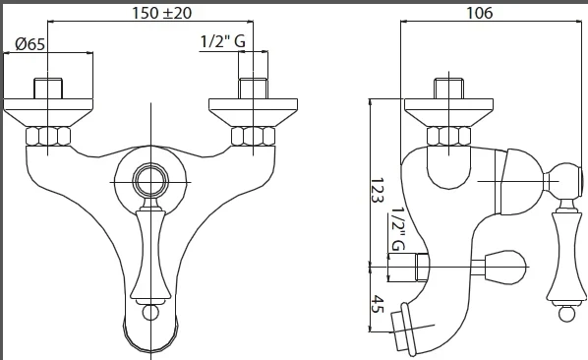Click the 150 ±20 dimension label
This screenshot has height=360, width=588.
161,13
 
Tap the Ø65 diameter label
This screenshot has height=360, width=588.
30,44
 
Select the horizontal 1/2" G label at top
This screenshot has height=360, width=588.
223,41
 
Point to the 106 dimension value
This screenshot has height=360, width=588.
479,13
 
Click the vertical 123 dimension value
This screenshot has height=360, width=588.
378,191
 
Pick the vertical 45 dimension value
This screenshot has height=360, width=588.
378,304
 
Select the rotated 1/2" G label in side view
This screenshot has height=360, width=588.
398,229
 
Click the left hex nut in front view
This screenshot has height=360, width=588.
48,136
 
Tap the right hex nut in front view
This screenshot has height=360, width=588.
253,136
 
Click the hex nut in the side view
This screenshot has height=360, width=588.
449,136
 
